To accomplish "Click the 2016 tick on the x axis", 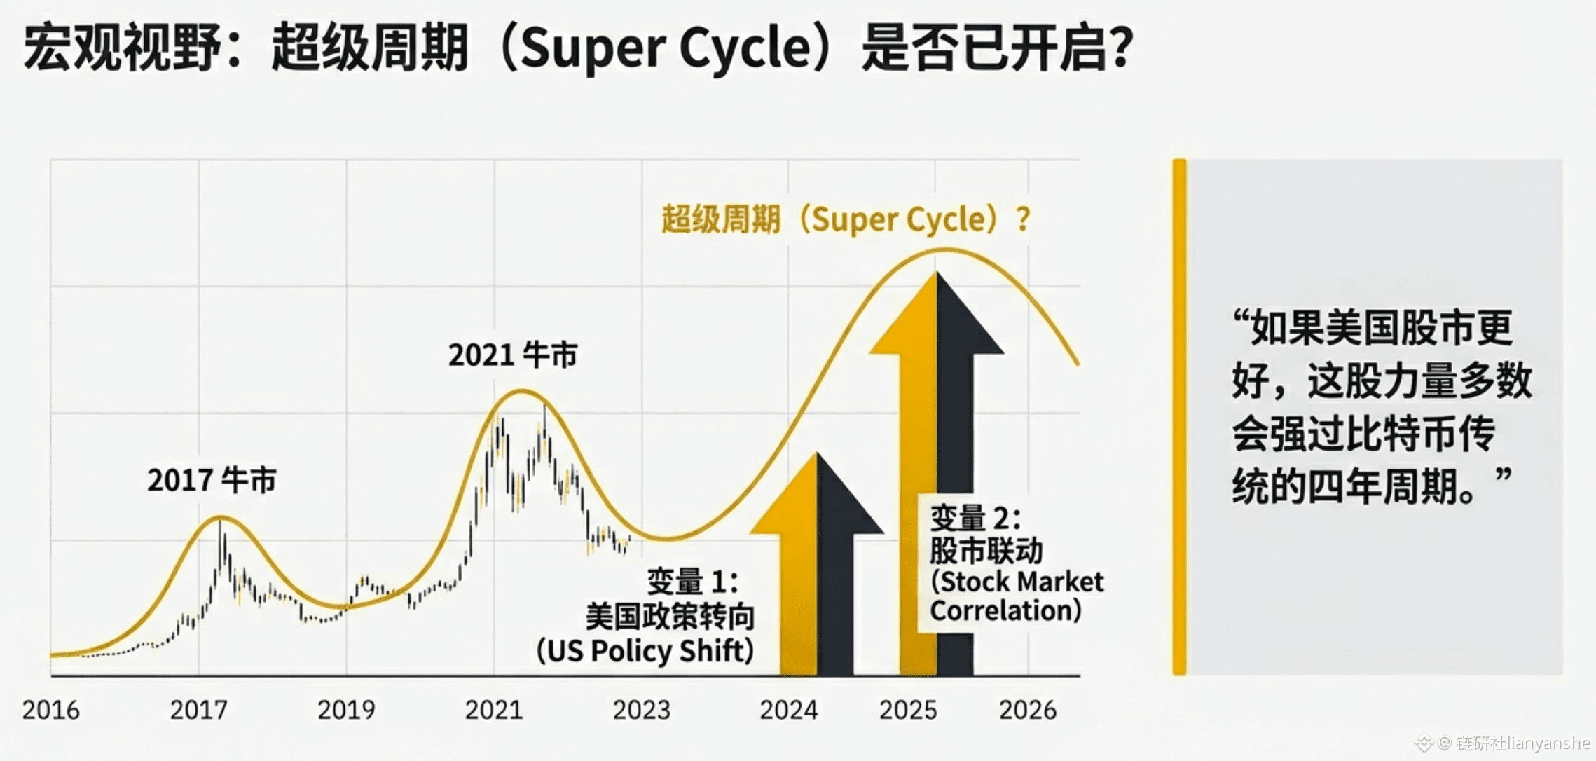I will click(50, 710).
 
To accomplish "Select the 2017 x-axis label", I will click(198, 710).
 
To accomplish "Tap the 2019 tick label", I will click(346, 710).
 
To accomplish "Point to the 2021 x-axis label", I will click(494, 710).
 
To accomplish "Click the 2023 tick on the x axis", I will click(641, 710).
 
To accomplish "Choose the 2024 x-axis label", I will click(788, 710).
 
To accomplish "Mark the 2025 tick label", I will click(908, 710).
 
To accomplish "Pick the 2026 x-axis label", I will click(1027, 710).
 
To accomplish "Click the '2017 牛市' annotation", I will click(212, 481).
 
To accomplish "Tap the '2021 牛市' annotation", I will click(513, 355).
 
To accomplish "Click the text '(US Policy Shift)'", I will click(645, 651).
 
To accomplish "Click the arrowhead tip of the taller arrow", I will click(937, 273).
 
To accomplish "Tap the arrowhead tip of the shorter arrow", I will click(817, 454).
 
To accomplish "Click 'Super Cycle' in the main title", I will click(666, 48).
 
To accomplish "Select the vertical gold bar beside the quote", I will click(1180, 417).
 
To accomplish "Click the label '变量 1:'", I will click(692, 582).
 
